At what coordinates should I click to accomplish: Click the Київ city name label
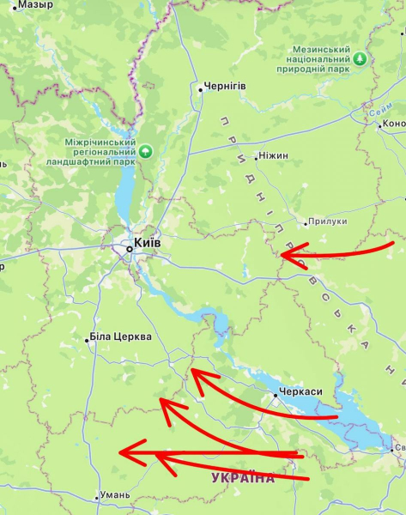coord(147,243)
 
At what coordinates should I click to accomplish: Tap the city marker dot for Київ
coord(130,249)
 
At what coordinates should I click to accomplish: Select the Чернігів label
coord(226,87)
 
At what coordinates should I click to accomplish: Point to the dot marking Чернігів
coord(200,88)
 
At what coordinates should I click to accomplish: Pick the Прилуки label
coord(330,221)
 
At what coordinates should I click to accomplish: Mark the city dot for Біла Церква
coord(87,340)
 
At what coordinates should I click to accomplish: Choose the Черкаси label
coord(301,392)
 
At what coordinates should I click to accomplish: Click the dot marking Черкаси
coord(276,396)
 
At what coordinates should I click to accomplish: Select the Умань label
coord(114,494)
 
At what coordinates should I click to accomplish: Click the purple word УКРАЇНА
coord(243,477)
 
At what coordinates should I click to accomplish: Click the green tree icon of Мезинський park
coord(361,58)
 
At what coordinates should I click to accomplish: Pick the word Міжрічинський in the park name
coord(100,142)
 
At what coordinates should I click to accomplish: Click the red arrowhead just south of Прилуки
coord(287,254)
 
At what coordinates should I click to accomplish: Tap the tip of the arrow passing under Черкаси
coord(192,371)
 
